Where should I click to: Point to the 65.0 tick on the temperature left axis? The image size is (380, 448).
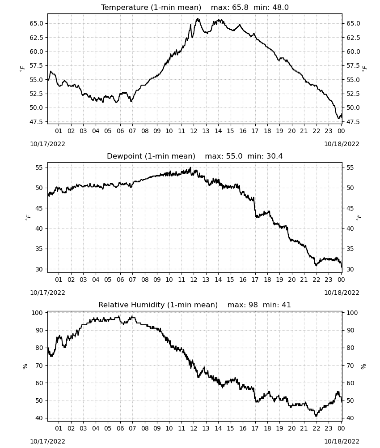point(37,23)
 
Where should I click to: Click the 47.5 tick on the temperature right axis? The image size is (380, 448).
point(353,122)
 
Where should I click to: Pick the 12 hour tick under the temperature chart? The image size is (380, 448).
point(194,131)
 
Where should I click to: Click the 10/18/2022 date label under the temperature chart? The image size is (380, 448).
point(342,144)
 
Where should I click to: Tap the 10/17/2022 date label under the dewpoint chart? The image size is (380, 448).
point(47,293)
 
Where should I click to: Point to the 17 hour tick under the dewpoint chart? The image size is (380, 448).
point(255,280)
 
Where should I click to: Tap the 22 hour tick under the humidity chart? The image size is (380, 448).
point(316,429)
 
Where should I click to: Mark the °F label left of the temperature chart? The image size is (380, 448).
point(22,68)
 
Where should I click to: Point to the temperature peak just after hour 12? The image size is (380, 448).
point(197,19)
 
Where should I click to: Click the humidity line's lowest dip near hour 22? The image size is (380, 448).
point(316,415)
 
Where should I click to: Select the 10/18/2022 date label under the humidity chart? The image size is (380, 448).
point(342,442)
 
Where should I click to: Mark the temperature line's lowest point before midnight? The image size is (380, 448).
point(339,118)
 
